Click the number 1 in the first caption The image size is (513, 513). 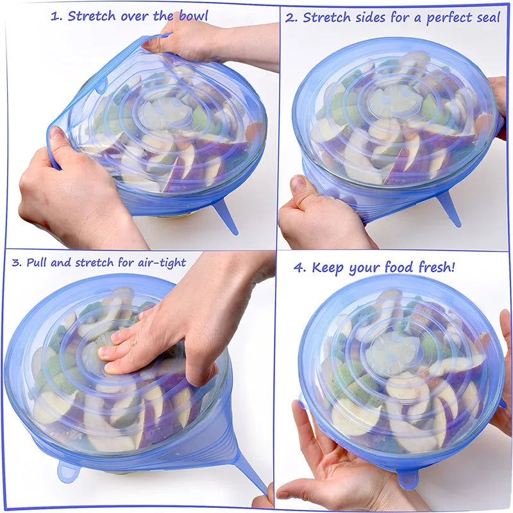coord(55,17)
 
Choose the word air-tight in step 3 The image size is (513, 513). coord(158,262)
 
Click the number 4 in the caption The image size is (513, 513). coord(299,267)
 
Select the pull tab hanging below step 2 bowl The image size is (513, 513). coord(448,208)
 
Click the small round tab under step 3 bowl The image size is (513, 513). coord(67,471)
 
